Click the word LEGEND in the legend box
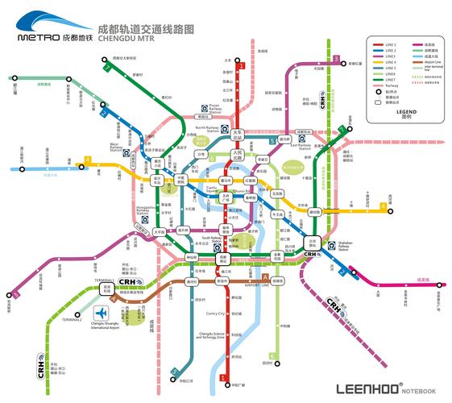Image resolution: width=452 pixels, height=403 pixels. pos(407,111)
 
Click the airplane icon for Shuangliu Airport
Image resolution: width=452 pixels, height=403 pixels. pos(102,313)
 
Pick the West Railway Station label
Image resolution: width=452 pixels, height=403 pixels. pos(120,147)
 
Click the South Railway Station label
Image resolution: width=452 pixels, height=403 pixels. pos(211,240)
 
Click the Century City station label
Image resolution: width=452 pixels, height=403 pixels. pos(215,314)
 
